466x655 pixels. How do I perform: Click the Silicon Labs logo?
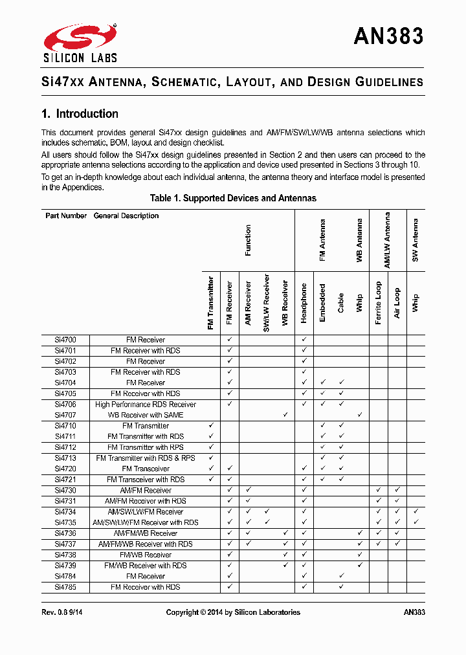(80, 43)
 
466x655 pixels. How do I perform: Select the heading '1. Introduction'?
(80, 114)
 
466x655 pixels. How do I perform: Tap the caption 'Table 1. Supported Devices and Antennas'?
(233, 198)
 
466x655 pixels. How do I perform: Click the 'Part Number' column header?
(66, 216)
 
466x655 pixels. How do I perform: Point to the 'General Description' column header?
(126, 216)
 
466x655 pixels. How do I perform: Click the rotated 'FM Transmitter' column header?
(211, 304)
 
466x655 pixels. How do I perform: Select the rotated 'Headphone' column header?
(304, 303)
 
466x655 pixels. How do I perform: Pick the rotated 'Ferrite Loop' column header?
(379, 303)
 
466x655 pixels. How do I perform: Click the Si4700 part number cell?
(65, 340)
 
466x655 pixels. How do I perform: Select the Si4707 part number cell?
(65, 415)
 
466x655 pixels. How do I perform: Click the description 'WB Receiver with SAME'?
(146, 415)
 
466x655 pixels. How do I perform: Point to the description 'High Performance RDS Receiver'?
(146, 405)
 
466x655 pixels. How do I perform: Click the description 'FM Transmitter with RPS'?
(146, 447)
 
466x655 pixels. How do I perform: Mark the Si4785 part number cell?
(65, 587)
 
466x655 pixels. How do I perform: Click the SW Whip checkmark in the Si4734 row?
(416, 511)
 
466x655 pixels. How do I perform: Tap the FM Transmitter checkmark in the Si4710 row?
(211, 425)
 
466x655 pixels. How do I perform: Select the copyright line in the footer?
(233, 612)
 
